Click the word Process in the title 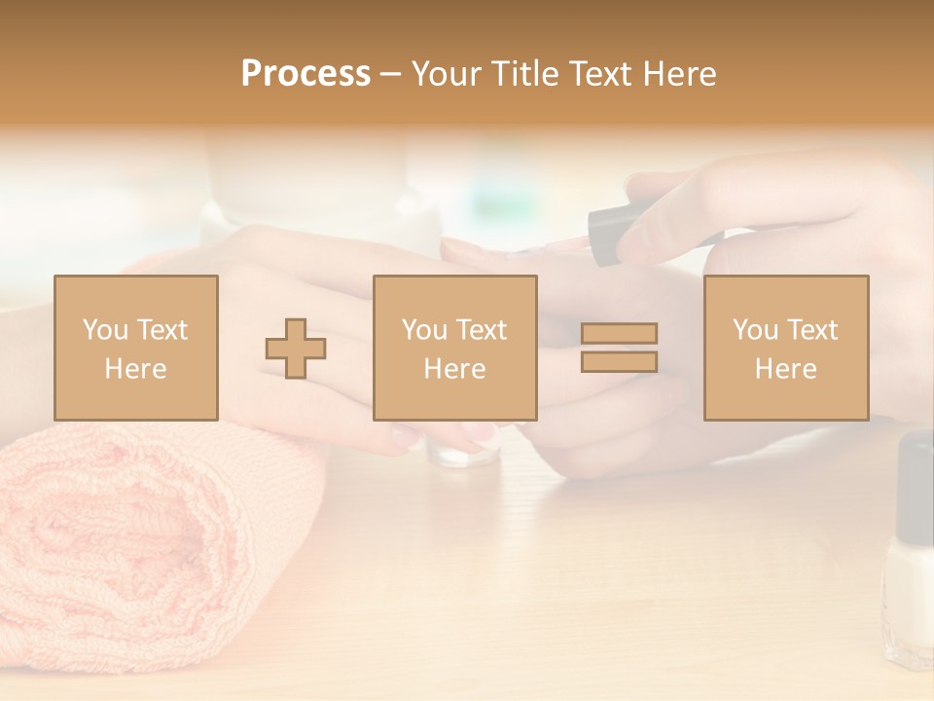point(305,74)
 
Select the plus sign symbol point(296,349)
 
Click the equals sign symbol point(619,348)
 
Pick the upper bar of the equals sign point(619,334)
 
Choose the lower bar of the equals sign point(619,361)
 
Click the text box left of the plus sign point(135,348)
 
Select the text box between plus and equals point(454,348)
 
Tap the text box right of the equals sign point(785,348)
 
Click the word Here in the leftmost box point(135,369)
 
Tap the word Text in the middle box point(482,330)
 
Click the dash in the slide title point(390,74)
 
